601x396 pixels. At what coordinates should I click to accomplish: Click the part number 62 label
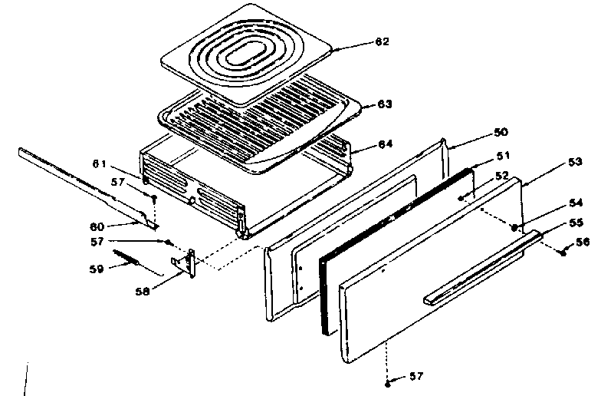click(381, 43)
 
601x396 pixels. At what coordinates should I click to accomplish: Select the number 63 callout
click(384, 104)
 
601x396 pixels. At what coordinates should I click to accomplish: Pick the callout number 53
click(553, 163)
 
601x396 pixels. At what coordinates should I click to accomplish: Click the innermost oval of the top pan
click(249, 58)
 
